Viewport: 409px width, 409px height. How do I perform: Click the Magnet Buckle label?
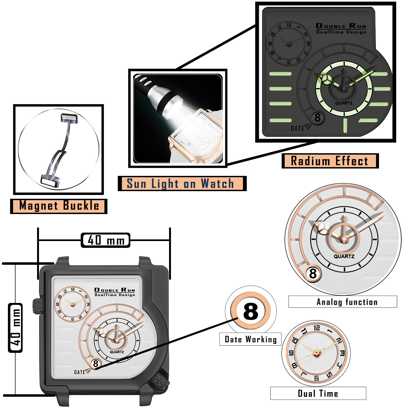click(x=59, y=206)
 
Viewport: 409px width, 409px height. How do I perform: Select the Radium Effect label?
click(x=330, y=161)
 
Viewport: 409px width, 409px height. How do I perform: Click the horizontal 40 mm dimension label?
click(x=106, y=240)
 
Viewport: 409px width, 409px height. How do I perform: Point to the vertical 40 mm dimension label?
click(x=15, y=327)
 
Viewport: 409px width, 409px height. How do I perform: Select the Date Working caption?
click(x=250, y=339)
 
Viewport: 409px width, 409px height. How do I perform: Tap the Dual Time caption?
click(x=318, y=393)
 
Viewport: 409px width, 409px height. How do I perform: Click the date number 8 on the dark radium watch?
click(x=317, y=118)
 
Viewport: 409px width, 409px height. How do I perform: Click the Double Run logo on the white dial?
click(x=115, y=292)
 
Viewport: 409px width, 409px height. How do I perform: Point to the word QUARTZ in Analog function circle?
click(x=344, y=256)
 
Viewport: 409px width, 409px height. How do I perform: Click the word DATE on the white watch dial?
click(x=80, y=372)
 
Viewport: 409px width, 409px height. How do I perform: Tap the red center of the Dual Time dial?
click(x=317, y=353)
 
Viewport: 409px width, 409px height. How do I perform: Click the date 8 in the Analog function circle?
click(x=313, y=273)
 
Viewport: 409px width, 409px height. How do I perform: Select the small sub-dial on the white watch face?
click(x=73, y=304)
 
